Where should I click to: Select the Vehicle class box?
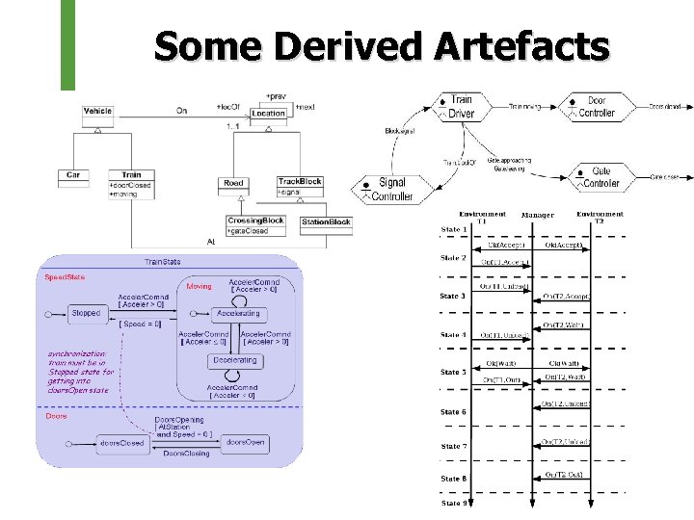pyautogui.click(x=97, y=112)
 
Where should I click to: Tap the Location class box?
pyautogui.click(x=268, y=114)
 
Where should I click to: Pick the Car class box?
pyautogui.click(x=72, y=175)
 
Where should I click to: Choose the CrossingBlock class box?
pyautogui.click(x=255, y=225)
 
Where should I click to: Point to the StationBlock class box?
pyautogui.click(x=326, y=222)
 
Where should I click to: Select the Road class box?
pyautogui.click(x=234, y=182)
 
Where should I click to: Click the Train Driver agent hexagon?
pyautogui.click(x=461, y=107)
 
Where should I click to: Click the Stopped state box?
pyautogui.click(x=86, y=313)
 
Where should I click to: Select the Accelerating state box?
pyautogui.click(x=237, y=313)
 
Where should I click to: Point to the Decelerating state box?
pyautogui.click(x=235, y=360)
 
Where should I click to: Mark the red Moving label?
pyautogui.click(x=199, y=286)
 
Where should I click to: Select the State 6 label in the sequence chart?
pyautogui.click(x=453, y=412)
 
